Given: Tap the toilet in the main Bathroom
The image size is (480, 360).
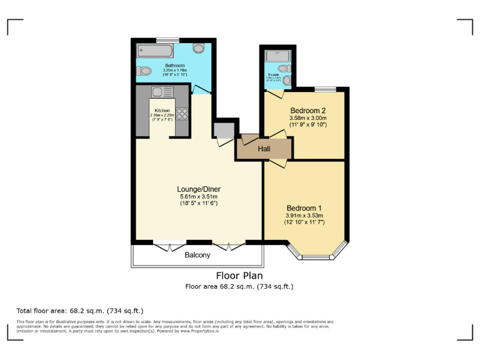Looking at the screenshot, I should [142, 70].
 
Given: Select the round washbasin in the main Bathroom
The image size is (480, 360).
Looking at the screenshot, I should [199, 48].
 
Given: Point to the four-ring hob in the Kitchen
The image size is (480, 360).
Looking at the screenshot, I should [182, 114].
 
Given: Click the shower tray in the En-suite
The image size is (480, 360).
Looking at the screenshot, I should [275, 56].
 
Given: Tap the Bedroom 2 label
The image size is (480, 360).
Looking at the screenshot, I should [307, 111].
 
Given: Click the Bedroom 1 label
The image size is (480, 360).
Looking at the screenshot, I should [304, 207].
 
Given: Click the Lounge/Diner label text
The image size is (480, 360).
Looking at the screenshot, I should [198, 189].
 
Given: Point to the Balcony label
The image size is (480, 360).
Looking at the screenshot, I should [197, 255].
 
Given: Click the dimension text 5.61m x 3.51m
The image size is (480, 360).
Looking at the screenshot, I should [198, 196].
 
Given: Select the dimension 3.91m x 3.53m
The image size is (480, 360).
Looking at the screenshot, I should [304, 216].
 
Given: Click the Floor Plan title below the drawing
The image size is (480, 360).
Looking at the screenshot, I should [239, 275].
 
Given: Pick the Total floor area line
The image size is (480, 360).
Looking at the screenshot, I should [80, 310].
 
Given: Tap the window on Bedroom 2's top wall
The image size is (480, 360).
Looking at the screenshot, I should [323, 89].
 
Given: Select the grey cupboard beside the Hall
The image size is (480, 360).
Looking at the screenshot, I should [223, 129].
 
